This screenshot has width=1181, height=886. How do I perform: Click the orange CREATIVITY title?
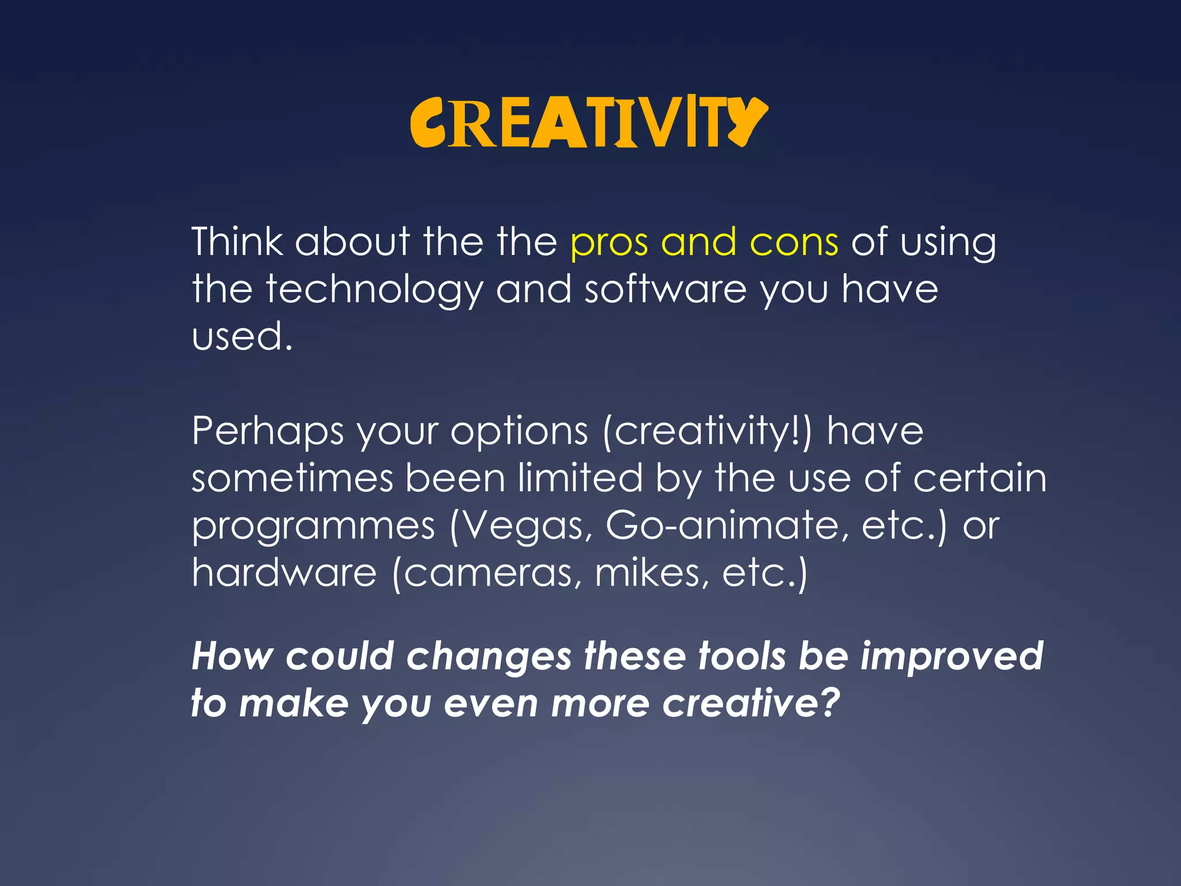(588, 123)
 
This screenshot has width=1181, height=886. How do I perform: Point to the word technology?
(374, 290)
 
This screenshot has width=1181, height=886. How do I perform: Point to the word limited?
(580, 479)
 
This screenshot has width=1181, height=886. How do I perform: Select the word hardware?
(284, 573)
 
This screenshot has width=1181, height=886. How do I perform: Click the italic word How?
(232, 656)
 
